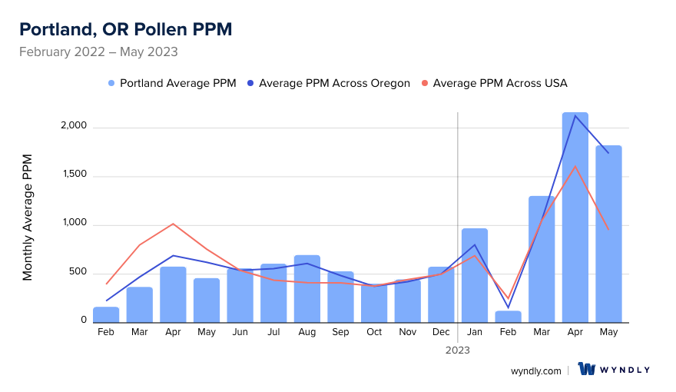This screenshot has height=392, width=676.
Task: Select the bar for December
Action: (442, 294)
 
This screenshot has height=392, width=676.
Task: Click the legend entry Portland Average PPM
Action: (172, 83)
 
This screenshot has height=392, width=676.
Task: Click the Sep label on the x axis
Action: (340, 332)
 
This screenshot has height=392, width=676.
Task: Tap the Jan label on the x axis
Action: (475, 332)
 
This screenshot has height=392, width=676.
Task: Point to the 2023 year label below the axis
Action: (458, 350)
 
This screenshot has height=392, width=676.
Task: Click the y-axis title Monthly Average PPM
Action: (28, 218)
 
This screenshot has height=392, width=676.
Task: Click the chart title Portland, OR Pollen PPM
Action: (125, 29)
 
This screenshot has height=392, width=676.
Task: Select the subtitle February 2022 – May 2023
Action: (98, 52)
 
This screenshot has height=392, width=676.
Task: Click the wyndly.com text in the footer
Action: (536, 370)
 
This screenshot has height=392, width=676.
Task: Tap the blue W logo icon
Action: (588, 370)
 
